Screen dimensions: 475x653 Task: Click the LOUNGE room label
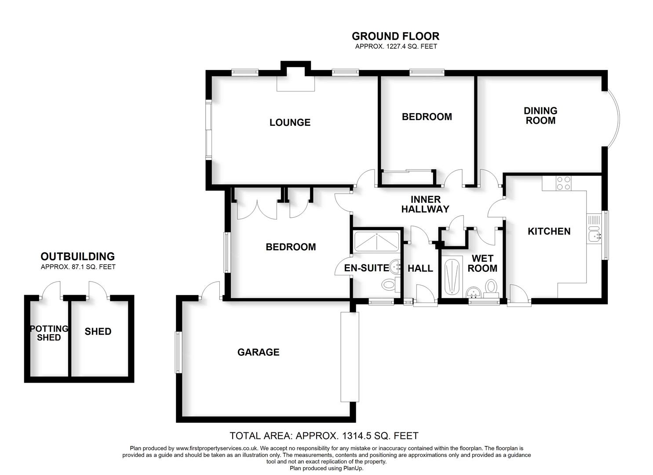pos(290,123)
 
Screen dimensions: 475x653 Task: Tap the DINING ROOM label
pos(540,116)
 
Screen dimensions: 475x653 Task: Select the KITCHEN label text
pos(549,231)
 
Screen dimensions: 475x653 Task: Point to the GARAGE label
pos(258,352)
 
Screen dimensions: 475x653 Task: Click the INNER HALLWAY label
pos(425,205)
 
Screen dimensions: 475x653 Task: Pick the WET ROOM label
pos(482,263)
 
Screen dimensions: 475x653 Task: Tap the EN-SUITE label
pos(366,268)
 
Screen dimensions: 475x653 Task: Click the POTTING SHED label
pos(49,333)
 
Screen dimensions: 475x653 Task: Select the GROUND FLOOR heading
pos(395,36)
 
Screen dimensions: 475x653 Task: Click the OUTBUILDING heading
pos(77,256)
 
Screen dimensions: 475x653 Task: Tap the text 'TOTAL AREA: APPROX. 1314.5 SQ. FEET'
pos(324,436)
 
